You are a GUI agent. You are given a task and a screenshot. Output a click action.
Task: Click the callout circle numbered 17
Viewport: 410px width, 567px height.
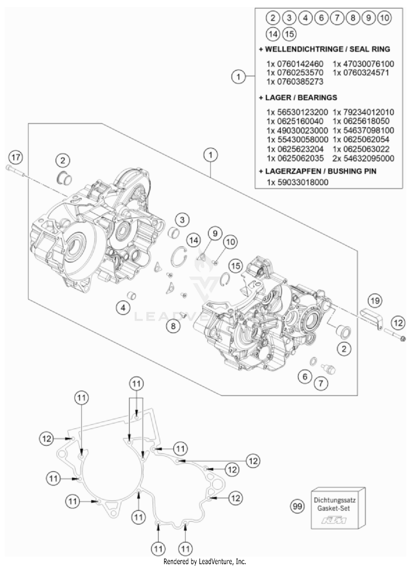16,158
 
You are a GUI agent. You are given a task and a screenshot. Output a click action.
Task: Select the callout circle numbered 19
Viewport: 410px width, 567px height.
375,301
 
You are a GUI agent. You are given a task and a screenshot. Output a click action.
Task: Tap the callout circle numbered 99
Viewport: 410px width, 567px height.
297,506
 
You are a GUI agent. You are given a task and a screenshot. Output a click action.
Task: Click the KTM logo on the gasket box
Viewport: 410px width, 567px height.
334,520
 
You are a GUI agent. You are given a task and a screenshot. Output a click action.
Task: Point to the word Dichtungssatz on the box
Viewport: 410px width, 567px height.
334,500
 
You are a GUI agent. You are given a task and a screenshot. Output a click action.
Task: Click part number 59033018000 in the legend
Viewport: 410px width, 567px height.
303,182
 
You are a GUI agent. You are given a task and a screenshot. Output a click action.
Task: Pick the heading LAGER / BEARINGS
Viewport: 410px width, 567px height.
298,97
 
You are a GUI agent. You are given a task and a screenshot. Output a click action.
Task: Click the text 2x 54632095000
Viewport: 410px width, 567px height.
364,158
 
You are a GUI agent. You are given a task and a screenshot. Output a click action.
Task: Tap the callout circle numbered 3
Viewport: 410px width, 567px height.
182,220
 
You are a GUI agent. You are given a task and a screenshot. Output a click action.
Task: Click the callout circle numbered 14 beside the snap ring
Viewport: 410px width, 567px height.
194,240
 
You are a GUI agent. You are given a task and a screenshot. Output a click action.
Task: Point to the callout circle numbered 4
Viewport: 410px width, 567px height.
123,308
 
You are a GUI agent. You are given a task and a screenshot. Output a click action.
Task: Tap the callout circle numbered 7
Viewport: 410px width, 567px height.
321,384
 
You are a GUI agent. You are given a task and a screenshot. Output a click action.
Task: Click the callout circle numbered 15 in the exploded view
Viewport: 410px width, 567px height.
236,266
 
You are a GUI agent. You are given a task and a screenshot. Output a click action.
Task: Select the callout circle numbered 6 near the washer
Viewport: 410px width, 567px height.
305,377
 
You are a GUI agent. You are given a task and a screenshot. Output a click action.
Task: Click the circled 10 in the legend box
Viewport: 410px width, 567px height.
385,18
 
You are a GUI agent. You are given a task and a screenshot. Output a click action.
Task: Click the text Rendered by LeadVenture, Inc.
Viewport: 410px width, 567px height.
205,561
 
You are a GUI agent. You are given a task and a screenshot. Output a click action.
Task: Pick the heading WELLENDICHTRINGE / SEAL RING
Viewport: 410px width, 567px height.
325,49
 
